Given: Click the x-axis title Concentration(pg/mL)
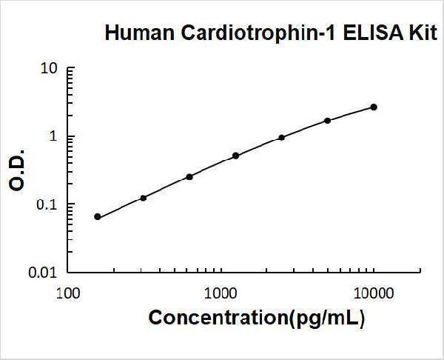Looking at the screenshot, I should pos(257,318).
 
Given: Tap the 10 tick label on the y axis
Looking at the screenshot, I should pos(49,69).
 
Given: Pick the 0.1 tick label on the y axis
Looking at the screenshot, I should pos(47,204).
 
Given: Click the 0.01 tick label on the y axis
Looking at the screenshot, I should pos(44,273).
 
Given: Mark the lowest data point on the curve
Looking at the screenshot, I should pos(98,217).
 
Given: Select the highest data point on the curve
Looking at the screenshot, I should pos(374,107).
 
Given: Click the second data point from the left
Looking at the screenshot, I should pos(144,198).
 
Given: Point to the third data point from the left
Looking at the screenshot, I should pos(189,176).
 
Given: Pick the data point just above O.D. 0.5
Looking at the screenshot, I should pos(235,156).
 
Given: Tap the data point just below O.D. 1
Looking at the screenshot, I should pos(282,137).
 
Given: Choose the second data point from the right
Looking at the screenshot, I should pos(328,120).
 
